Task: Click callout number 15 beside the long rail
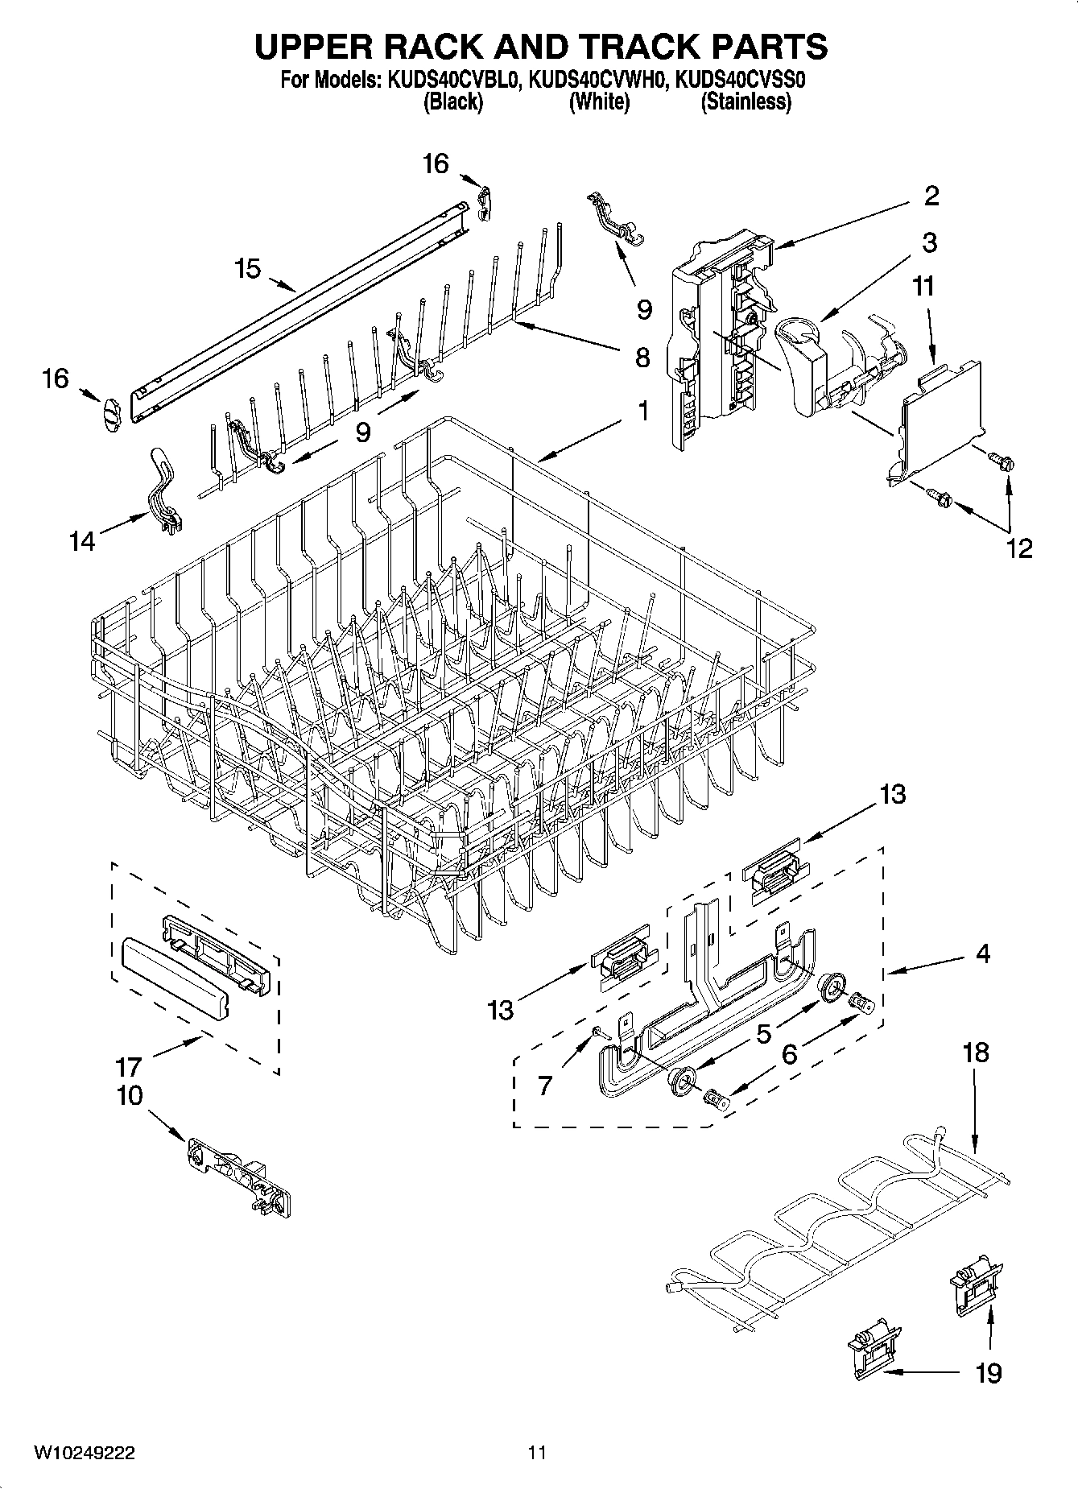[247, 268]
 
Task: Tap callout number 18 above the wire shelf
[975, 1053]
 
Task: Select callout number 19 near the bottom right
[989, 1372]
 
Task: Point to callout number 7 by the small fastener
[545, 1085]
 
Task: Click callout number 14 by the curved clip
[81, 540]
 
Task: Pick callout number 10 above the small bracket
[130, 1095]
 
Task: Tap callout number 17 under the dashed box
[129, 1067]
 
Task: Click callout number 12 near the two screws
[1018, 548]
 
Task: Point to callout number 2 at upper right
[931, 196]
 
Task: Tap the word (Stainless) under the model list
[746, 102]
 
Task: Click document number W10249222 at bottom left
[84, 1453]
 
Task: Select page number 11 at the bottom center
[537, 1453]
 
